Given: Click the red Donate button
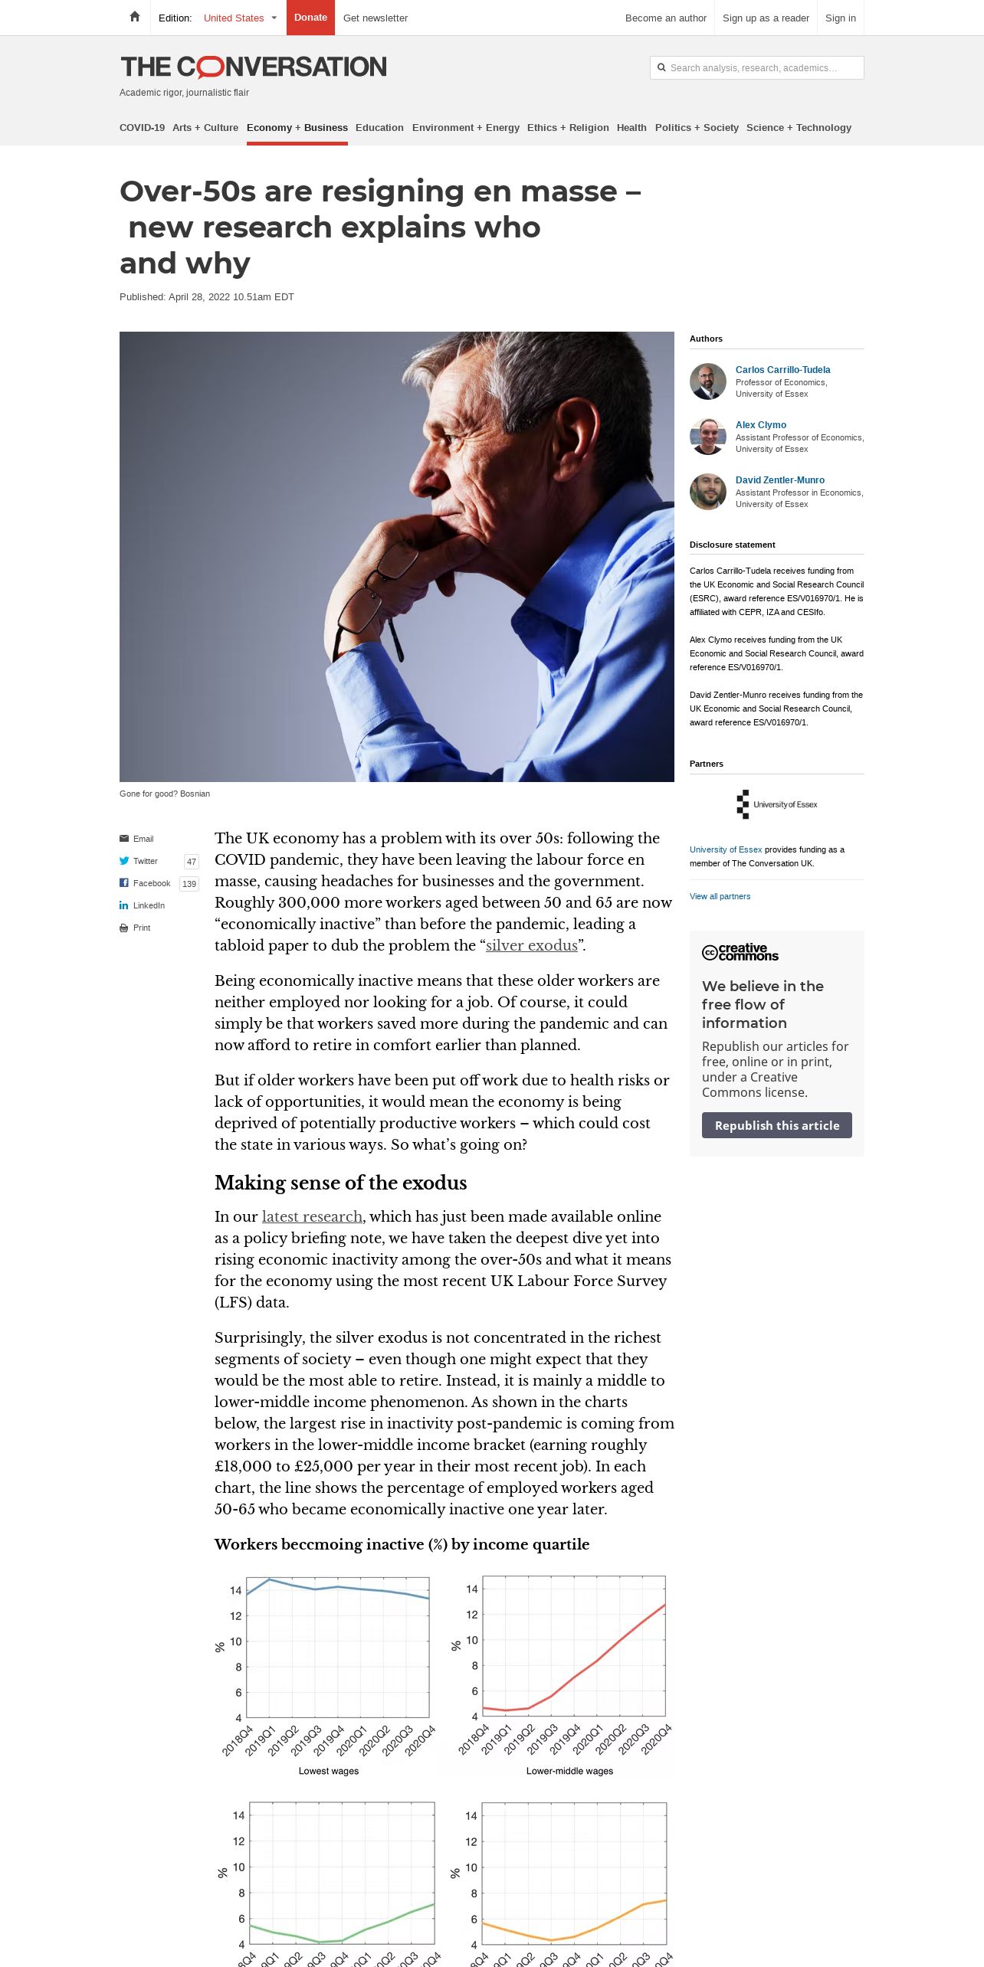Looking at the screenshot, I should coord(310,18).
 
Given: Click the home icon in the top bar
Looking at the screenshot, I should coord(135,17).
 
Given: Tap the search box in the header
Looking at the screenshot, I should coord(757,67).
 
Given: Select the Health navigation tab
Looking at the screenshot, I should coord(631,128).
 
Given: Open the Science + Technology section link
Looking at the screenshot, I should coord(799,128).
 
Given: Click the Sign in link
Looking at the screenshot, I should coord(840,18).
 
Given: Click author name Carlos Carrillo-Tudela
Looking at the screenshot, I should coord(782,370).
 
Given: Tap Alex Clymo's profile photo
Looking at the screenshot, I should coord(708,437).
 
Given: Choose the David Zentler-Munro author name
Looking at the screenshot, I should coord(779,480).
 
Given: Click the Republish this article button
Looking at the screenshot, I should coord(776,1125).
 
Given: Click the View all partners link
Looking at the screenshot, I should coord(720,896).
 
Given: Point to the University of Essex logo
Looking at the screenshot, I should coord(776,804).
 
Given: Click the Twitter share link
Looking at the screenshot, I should coord(145,861).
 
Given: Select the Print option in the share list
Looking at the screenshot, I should coord(141,928).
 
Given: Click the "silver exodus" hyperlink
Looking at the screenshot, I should coord(531,945).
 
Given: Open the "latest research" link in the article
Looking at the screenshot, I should coord(312,1216).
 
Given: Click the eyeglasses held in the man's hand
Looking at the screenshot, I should coord(376,597).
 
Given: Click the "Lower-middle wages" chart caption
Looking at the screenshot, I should coord(569,1771).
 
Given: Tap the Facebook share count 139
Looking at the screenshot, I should coord(189,884).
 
